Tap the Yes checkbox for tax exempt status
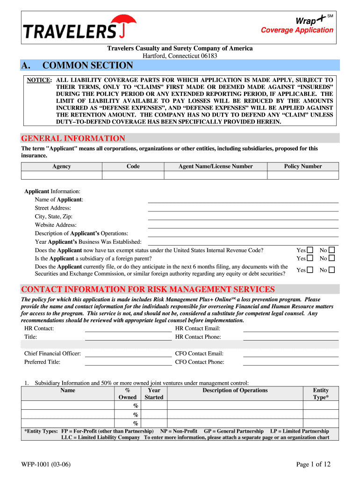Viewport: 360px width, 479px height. click(x=310, y=250)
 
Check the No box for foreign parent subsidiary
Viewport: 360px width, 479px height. click(x=332, y=258)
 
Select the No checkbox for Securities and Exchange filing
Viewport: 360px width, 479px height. click(x=332, y=270)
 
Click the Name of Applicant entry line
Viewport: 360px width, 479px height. click(x=243, y=199)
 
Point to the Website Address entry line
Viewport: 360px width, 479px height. click(x=243, y=225)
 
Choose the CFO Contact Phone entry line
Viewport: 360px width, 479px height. click(x=290, y=362)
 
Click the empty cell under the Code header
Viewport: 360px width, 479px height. click(x=133, y=175)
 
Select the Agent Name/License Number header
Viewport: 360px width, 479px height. click(x=216, y=167)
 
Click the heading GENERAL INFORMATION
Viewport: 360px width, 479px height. click(x=73, y=138)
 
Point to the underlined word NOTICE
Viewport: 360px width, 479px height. click(x=38, y=80)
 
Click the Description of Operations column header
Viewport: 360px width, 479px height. click(x=235, y=390)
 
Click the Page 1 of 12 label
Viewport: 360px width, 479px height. click(x=314, y=464)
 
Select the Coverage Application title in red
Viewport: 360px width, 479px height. click(x=297, y=30)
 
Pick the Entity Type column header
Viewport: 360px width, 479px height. click(x=321, y=393)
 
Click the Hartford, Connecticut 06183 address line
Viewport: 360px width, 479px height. click(x=180, y=56)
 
